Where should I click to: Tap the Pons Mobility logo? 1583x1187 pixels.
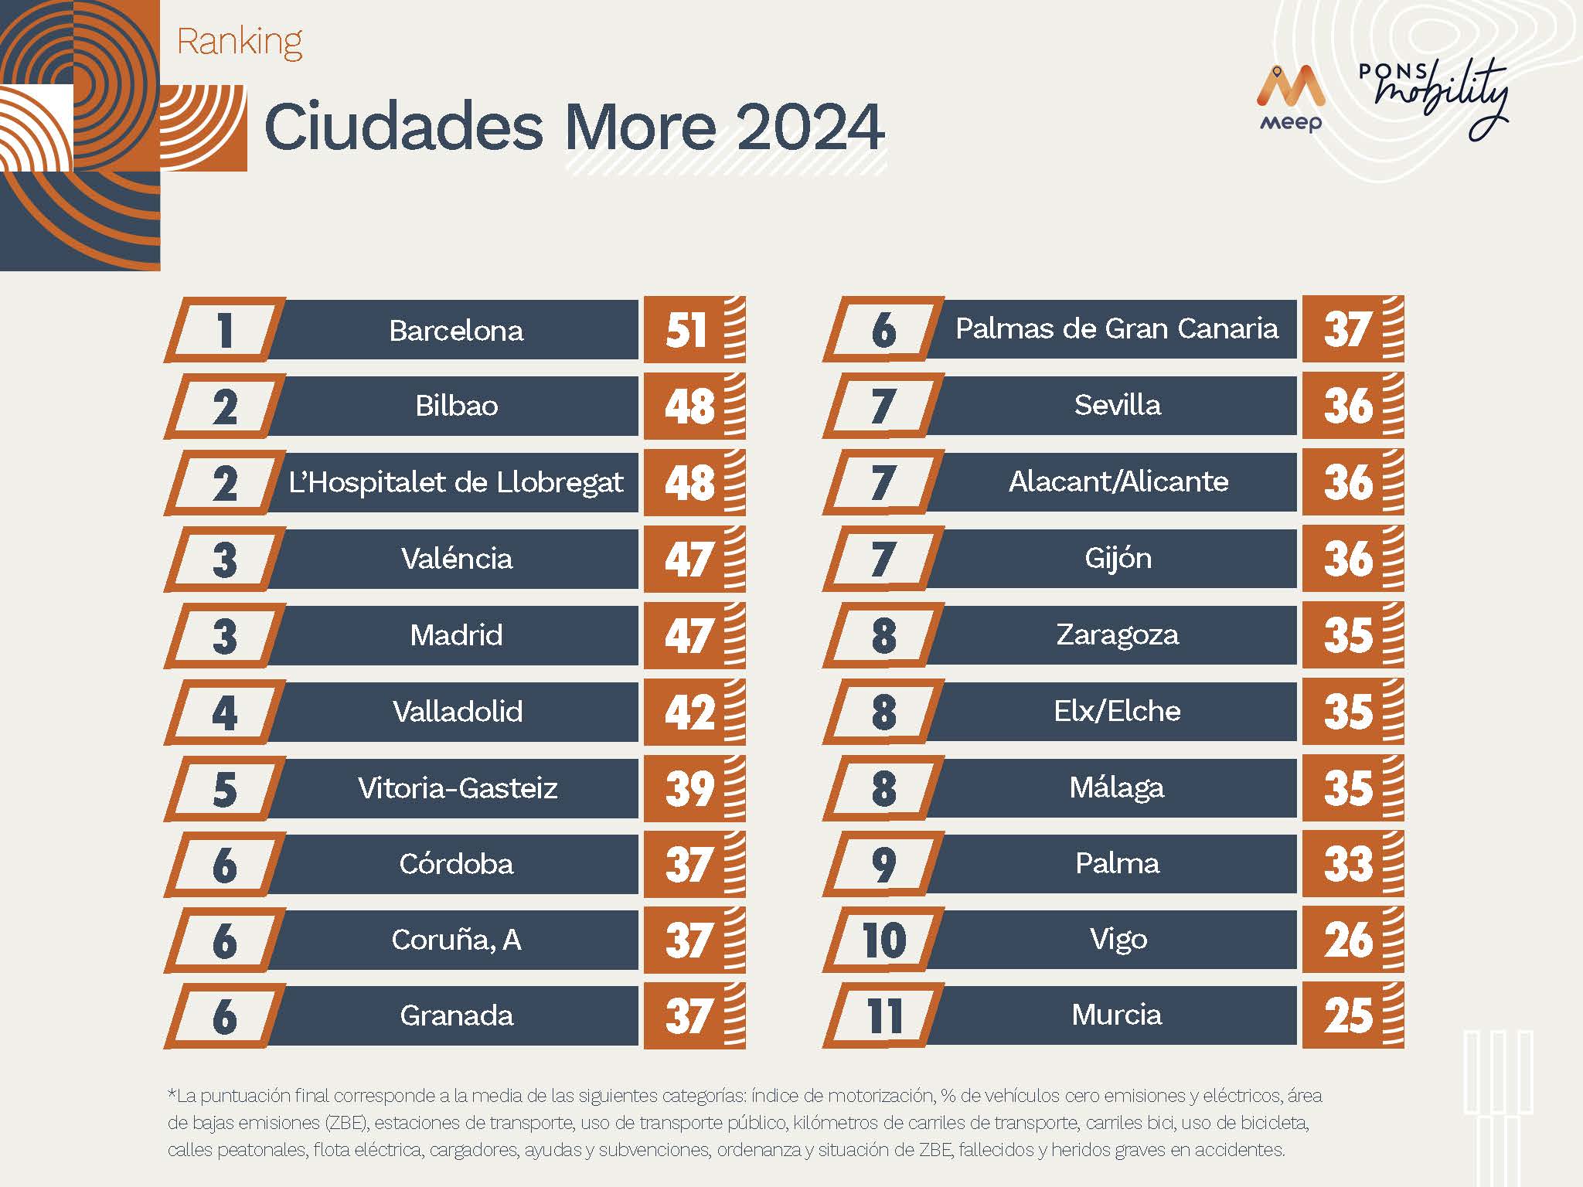[1433, 99]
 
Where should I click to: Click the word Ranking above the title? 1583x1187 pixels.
[240, 42]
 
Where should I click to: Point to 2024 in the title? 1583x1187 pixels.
[810, 127]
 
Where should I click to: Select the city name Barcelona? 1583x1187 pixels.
[456, 331]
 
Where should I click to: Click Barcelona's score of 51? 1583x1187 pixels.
[686, 331]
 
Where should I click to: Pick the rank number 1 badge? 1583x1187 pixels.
[224, 331]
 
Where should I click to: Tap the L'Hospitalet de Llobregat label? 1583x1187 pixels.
[456, 483]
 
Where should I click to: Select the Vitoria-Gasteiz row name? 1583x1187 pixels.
[458, 788]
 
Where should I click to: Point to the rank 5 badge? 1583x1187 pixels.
[224, 789]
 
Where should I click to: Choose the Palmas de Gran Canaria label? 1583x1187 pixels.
[1117, 329]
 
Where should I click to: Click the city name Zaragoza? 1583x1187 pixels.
[1118, 635]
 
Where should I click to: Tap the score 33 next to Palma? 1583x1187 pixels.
[1348, 864]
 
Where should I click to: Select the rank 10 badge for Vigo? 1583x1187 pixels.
[884, 940]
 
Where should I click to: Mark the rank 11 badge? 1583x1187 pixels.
[884, 1016]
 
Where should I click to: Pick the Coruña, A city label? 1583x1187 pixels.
[456, 940]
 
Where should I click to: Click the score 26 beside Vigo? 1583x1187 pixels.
[1348, 940]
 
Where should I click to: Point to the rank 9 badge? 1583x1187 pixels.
[884, 864]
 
